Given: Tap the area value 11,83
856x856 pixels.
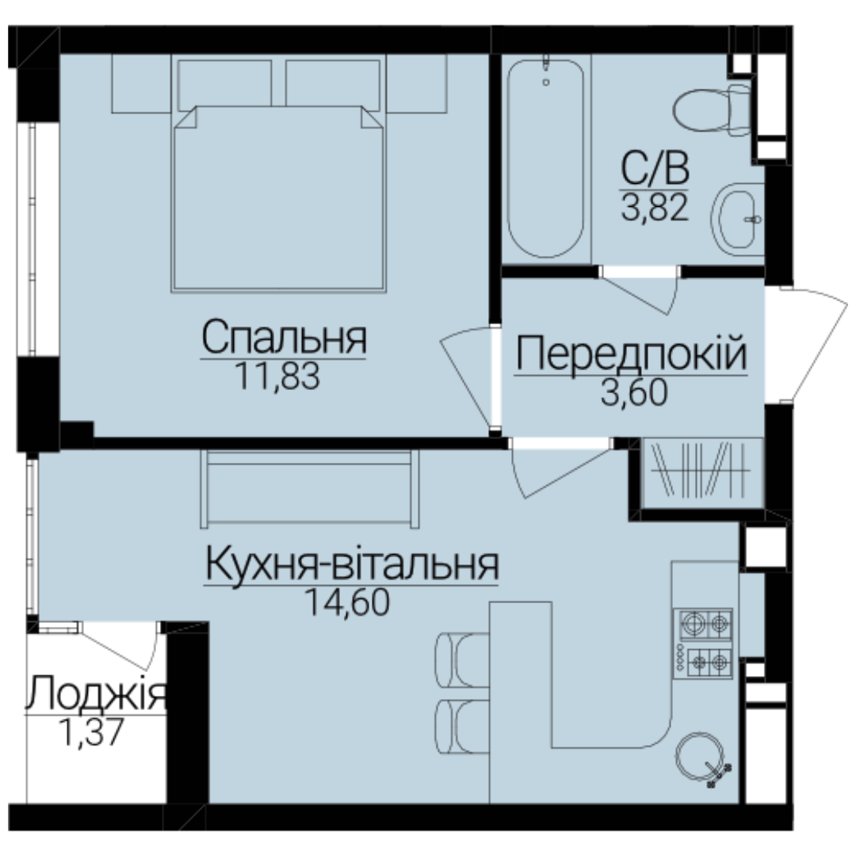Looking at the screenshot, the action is [277, 376].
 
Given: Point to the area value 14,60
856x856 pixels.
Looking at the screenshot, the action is [347, 602].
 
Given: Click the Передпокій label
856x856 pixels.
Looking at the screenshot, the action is [631, 353].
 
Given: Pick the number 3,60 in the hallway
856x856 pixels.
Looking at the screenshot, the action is [634, 392].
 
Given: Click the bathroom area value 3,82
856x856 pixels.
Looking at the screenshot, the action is [655, 208].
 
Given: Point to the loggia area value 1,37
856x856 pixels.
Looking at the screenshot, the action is [91, 732].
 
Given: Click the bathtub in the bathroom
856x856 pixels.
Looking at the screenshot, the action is [546, 159].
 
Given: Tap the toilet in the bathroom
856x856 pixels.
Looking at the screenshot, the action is [713, 111].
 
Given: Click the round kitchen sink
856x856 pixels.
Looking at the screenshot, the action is [700, 757].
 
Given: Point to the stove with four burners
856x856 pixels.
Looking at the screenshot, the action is [703, 643].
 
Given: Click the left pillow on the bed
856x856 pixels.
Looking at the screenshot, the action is [224, 83].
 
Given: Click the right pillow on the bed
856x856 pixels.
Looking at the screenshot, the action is [332, 83].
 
